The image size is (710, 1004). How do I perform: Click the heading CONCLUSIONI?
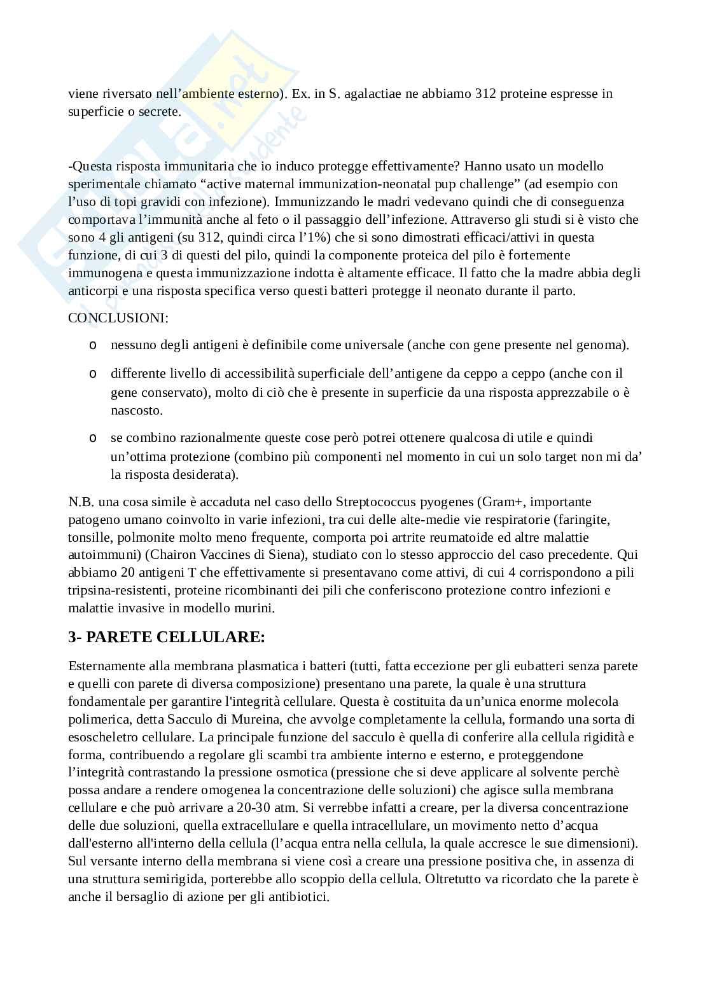(x=118, y=317)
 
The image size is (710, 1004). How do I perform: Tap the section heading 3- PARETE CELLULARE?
(x=167, y=637)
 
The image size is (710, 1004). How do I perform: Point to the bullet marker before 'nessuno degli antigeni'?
(x=93, y=345)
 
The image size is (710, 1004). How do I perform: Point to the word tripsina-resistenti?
(x=116, y=590)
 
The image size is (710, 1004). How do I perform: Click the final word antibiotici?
(x=303, y=897)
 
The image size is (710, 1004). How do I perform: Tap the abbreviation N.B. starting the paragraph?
(x=80, y=502)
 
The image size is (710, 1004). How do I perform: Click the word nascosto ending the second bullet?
(x=136, y=410)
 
